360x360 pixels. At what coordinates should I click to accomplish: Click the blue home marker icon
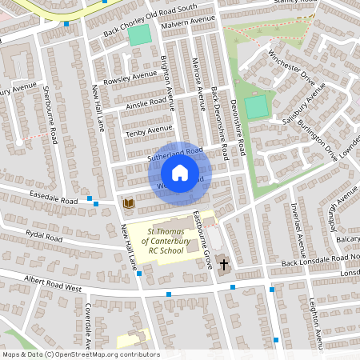[180, 173]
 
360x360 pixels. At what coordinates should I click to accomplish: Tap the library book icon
[128, 204]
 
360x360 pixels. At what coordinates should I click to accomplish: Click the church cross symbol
[223, 263]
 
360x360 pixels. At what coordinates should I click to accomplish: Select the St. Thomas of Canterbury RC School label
[162, 241]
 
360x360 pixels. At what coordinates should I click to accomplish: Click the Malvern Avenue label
[189, 23]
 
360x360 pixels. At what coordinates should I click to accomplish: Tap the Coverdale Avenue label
[89, 324]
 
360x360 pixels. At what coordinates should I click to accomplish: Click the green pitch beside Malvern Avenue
[139, 35]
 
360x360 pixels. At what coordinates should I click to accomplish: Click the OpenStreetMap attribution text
[80, 354]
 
